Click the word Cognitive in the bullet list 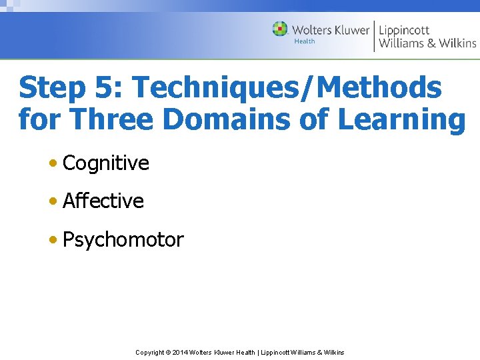(105, 163)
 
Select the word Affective (103, 201)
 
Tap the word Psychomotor (123, 240)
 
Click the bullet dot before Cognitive (53, 163)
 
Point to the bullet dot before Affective (53, 201)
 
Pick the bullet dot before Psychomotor (53, 240)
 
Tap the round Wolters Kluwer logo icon (280, 29)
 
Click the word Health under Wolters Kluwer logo (305, 41)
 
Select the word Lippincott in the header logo (404, 29)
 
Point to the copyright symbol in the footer (168, 353)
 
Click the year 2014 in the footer (180, 353)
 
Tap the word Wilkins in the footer (333, 353)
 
